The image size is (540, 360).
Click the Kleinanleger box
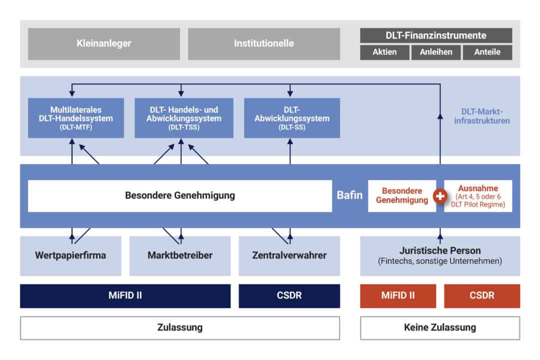pos(103,44)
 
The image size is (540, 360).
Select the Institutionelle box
pos(264,44)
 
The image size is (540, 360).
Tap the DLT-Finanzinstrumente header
pos(436,35)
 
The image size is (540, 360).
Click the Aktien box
pos(384,52)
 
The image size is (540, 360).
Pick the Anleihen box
pos(436,52)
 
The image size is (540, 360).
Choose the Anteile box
pos(487,52)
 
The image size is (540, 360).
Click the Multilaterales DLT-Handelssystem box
pos(76,118)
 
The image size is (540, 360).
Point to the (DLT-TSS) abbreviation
pos(184,127)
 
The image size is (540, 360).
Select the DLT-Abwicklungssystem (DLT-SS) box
pos(292,118)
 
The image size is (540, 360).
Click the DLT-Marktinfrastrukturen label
pos(482,116)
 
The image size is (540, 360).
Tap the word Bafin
pos(349,195)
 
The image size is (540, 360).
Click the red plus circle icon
pos(440,196)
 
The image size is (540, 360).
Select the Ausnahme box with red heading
pos(478,195)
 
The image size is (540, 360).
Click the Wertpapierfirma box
pos(70,255)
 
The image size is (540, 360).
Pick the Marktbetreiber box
pos(180,255)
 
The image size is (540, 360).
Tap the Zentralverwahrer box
pos(289,255)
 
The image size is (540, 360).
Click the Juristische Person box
pos(440,255)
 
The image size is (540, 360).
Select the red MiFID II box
pos(398,295)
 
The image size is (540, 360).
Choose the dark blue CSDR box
pos(289,295)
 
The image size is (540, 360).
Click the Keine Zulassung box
pos(440,327)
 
